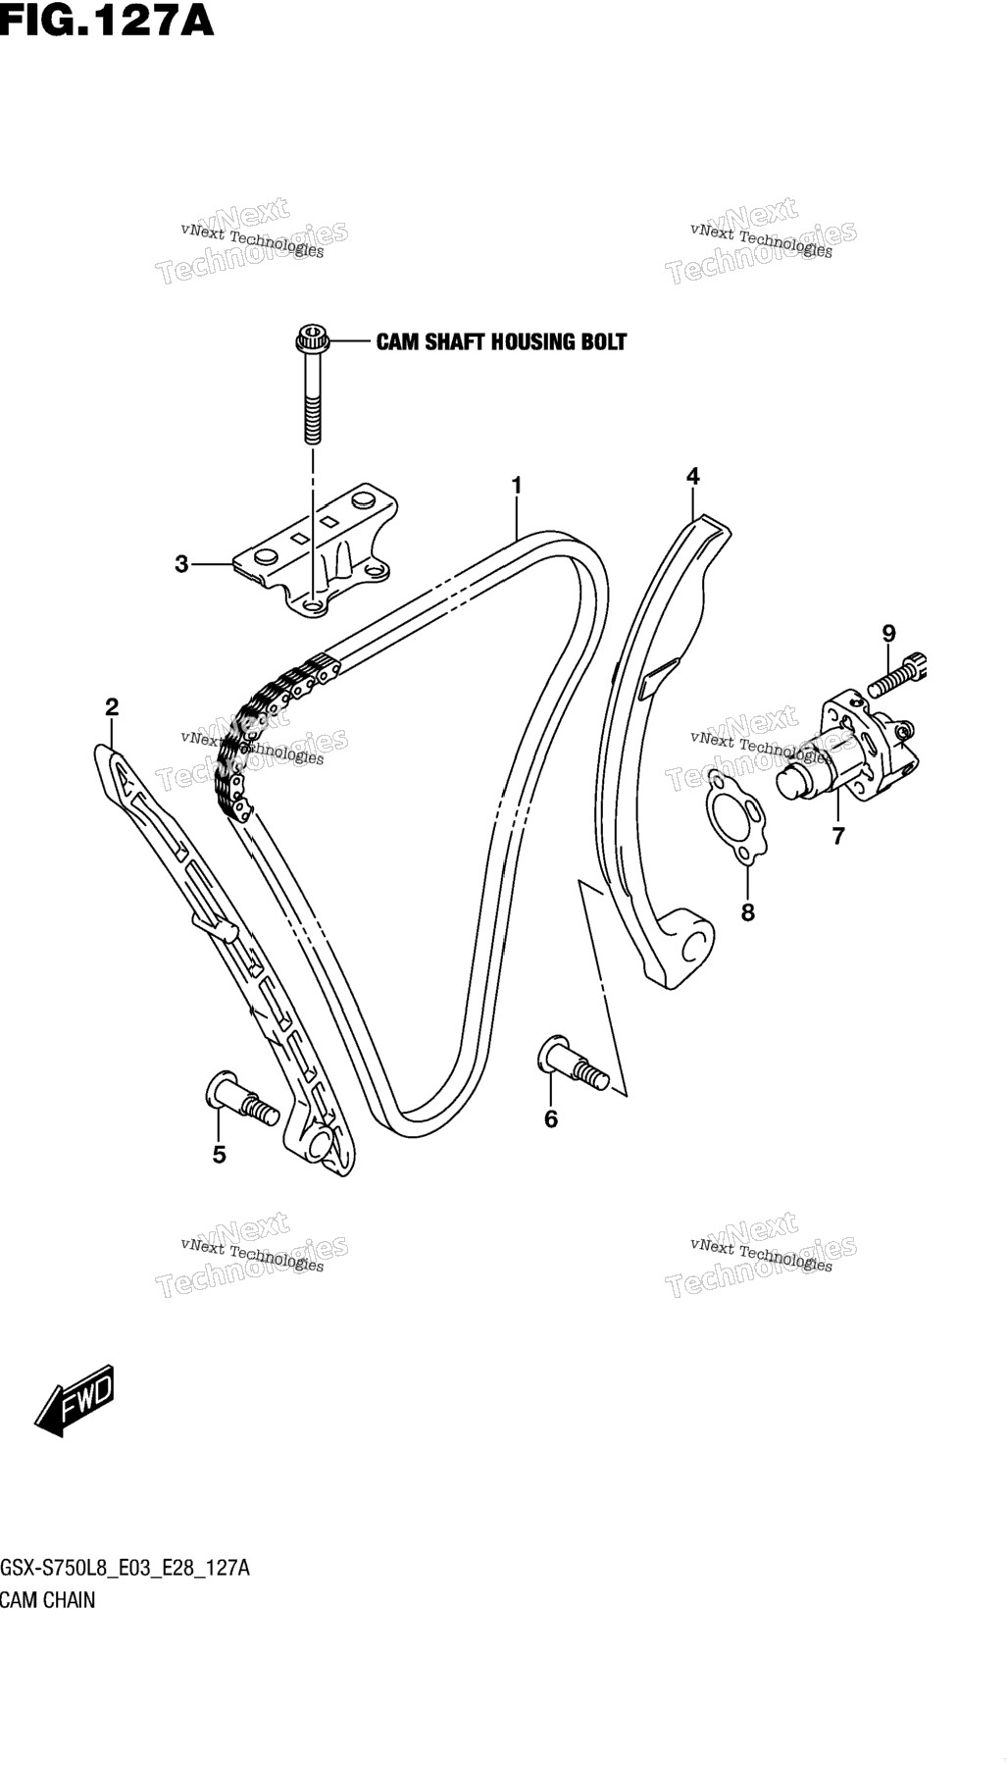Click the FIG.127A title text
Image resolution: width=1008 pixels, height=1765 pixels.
click(x=106, y=20)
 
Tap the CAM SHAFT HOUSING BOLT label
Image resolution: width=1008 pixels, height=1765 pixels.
click(x=501, y=341)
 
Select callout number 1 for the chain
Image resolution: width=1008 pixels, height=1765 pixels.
click(x=516, y=486)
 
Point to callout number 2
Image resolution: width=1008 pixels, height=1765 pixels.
click(x=112, y=706)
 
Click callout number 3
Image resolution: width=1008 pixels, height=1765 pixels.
click(x=181, y=564)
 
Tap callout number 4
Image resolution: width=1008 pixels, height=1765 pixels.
click(x=693, y=477)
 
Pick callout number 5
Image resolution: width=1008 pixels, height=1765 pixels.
click(x=219, y=1155)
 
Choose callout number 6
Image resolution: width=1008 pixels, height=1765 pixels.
click(x=551, y=1118)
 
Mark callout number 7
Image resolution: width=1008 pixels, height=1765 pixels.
click(x=838, y=837)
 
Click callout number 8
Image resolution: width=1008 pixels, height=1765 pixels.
click(x=748, y=912)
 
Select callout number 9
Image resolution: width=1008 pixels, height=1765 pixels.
click(x=888, y=634)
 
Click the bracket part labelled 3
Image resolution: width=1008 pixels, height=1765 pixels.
click(x=316, y=550)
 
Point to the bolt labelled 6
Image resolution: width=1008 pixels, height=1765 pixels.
click(x=574, y=1063)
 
